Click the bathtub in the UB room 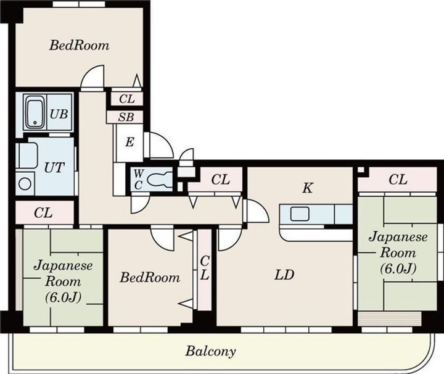point(35,112)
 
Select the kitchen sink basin point(300,214)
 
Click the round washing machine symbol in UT point(25,184)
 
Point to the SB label point(126,117)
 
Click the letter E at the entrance point(129,142)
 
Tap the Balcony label point(210,351)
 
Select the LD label point(284,275)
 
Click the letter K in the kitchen point(308,188)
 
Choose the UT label point(54,167)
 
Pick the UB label point(59,114)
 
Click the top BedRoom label point(80,45)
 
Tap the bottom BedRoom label point(150,277)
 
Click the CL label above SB point(127,99)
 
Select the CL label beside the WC point(221,180)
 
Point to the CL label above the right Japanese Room point(398,180)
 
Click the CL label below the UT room point(43,213)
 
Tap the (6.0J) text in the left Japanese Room point(63,297)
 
